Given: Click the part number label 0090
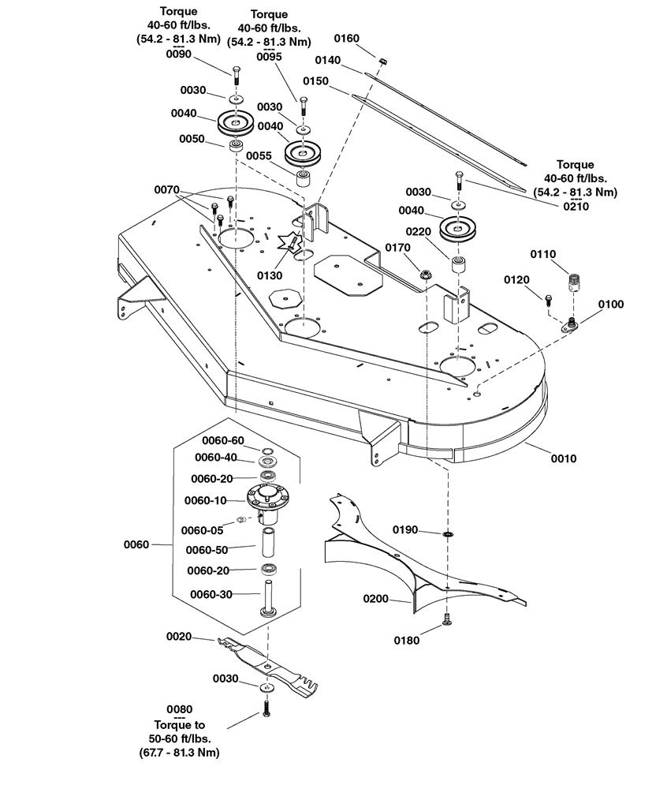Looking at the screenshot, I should click(x=179, y=54).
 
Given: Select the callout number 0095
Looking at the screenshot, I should click(x=269, y=56).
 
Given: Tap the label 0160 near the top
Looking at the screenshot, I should click(x=347, y=38).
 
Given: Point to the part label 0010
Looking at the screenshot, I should click(x=564, y=458).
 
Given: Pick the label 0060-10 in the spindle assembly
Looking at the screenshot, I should click(x=206, y=500).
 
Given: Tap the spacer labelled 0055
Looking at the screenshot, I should click(x=303, y=176).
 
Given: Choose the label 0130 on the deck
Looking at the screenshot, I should click(x=270, y=275).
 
